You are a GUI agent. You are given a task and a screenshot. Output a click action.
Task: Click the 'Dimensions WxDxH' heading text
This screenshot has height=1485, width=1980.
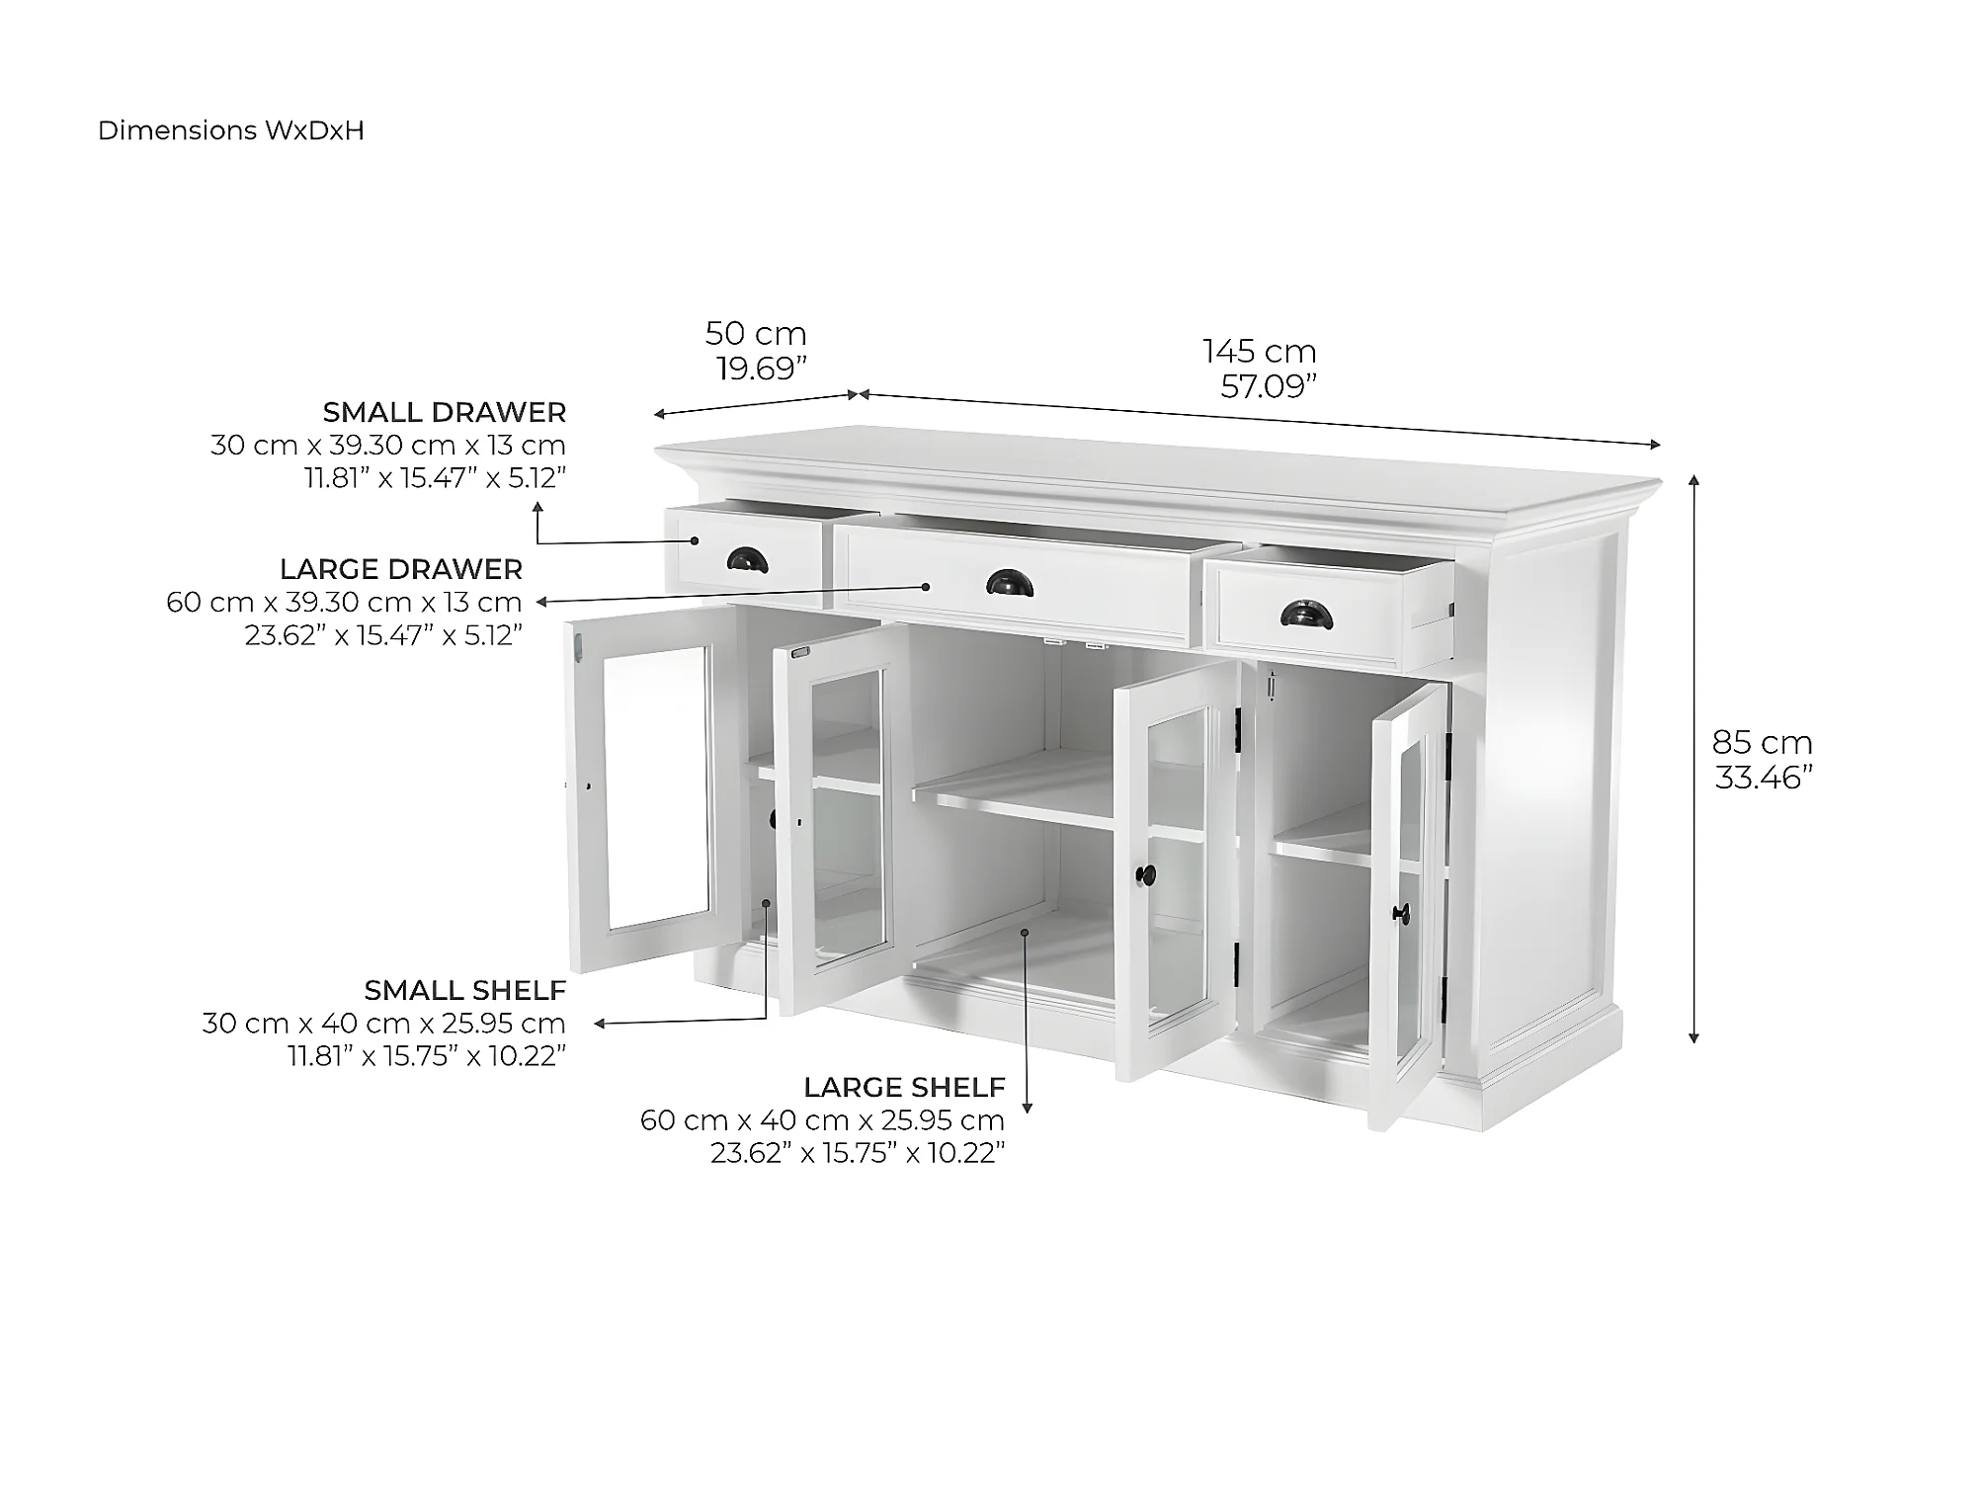pos(231,130)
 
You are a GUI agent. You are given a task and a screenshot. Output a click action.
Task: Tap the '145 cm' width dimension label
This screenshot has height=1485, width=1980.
pos(1260,351)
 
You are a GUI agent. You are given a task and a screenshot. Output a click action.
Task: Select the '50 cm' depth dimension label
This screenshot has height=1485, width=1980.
pos(756,333)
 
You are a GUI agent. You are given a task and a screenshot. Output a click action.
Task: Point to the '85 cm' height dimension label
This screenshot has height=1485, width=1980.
pos(1763,742)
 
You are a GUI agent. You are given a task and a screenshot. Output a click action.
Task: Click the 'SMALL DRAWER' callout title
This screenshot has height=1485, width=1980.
pos(445,412)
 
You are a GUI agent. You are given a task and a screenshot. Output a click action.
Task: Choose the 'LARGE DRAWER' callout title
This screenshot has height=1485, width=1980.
pos(401,569)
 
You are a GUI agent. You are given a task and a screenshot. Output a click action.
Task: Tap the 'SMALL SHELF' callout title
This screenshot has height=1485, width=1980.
pos(465,990)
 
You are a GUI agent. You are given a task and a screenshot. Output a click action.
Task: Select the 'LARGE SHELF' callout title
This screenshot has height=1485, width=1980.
pos(905,1088)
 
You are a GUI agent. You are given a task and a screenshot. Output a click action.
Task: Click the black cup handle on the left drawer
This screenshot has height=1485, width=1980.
pos(748,561)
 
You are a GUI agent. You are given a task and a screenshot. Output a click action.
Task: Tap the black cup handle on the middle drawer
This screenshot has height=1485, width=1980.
pos(1010,584)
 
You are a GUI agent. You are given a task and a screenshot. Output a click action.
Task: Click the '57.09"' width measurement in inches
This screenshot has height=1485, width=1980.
pos(1270,386)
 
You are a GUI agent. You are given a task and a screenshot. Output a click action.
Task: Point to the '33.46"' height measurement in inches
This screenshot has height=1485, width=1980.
pos(1765,778)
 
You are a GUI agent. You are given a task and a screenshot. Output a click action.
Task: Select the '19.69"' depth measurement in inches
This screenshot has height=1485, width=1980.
pos(762,369)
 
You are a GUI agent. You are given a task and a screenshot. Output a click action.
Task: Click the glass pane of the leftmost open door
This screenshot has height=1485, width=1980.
pos(658,788)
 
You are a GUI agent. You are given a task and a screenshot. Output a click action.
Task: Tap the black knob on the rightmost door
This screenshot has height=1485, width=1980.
pos(1401,913)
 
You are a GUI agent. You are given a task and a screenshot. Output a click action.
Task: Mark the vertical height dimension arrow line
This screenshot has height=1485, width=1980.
pos(1694,759)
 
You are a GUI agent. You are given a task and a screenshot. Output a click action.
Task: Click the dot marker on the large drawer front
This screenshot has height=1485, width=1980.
pos(926,587)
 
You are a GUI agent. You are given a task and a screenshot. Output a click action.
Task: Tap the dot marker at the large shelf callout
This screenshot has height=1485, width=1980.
pos(1027,932)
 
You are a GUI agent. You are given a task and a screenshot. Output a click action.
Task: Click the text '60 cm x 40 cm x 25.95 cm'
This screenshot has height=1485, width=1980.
pos(823,1120)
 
